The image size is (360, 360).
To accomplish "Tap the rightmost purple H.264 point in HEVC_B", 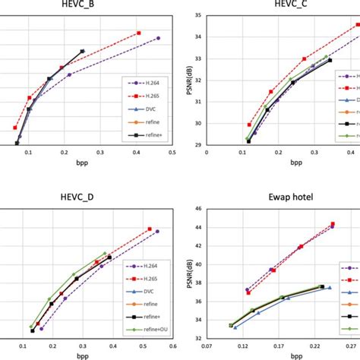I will tap(158, 38).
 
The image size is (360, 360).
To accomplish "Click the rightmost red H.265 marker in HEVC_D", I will tap(150, 229).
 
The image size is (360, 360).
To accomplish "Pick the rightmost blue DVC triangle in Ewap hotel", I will tap(329, 288).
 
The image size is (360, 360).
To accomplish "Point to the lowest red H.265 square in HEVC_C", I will tap(249, 125).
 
